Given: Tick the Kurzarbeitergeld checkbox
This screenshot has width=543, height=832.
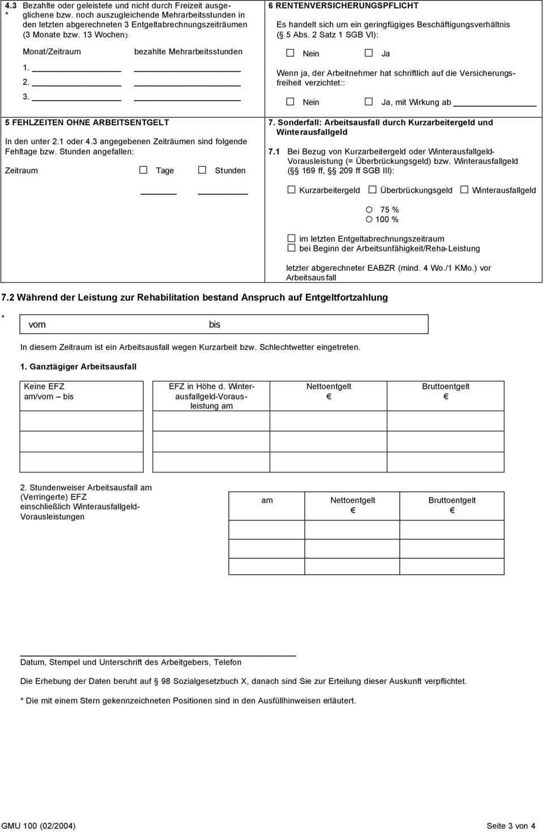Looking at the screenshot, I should [291, 190].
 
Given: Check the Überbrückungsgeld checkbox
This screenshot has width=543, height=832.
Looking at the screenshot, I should [372, 190].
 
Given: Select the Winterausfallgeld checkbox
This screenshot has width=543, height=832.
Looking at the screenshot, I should [464, 190].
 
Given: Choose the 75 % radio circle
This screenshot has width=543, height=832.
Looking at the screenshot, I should [369, 210].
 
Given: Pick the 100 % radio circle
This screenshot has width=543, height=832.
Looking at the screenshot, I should [369, 219].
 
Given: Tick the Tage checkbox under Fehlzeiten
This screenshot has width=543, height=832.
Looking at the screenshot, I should [144, 170].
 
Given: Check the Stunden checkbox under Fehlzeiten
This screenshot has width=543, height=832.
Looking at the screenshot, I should [202, 170].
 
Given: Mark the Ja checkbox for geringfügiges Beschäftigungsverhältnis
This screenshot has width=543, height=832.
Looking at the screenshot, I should [369, 53].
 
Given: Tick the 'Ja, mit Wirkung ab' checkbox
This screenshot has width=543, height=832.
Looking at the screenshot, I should [369, 102].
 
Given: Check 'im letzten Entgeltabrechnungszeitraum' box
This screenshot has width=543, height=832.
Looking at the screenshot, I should [291, 239].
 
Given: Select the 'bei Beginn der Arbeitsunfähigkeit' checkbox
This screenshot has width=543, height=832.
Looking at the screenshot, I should [291, 248].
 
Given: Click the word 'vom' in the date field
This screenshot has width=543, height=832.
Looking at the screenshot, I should [37, 324].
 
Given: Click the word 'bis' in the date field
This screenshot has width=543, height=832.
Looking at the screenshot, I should [214, 324].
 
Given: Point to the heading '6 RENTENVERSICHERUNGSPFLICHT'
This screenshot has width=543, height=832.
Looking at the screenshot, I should [343, 6].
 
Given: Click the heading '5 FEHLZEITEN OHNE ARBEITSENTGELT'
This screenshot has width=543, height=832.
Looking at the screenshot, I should [87, 122].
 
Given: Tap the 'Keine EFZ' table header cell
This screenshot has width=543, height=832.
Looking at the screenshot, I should [44, 387].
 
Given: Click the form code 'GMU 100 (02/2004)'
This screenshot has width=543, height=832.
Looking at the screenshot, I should [38, 826].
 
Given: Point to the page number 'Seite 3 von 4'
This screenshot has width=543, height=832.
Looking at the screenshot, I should [511, 826].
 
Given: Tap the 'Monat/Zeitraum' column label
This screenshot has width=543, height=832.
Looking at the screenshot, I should [51, 51].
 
